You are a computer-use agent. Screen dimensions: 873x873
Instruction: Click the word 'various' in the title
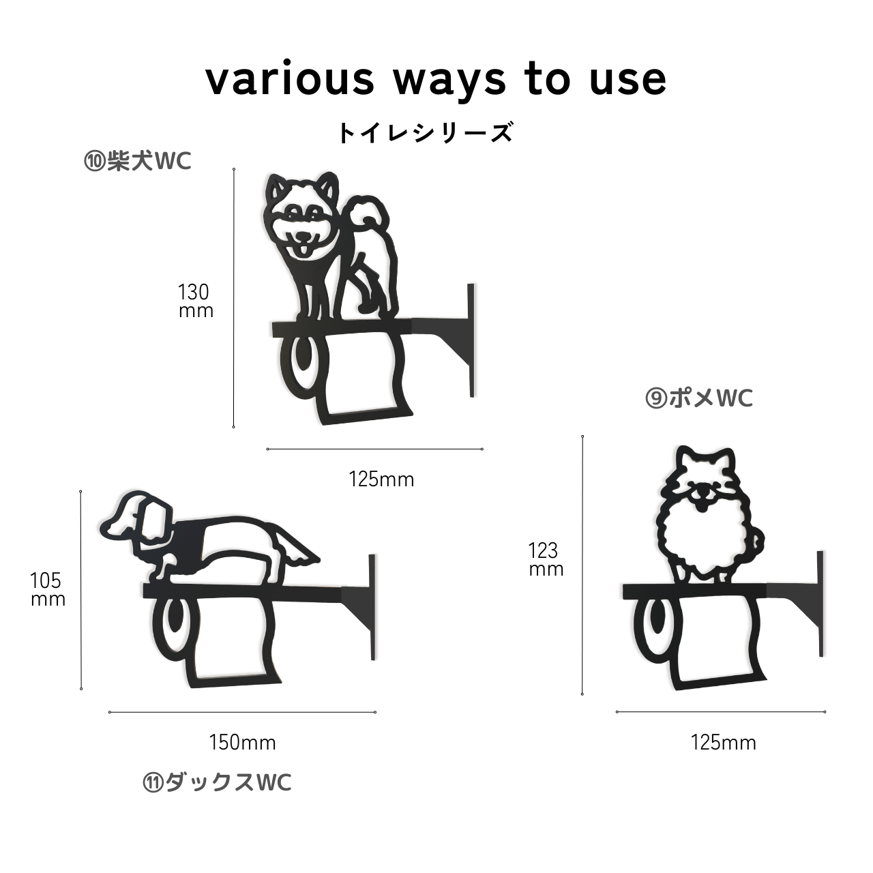[x=290, y=80]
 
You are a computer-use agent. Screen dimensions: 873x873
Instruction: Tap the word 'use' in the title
[x=628, y=80]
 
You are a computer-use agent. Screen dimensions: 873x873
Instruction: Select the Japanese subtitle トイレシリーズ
[x=426, y=132]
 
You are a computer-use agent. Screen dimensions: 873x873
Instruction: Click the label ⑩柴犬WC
[x=138, y=161]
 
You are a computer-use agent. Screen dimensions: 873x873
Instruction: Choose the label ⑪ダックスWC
[x=217, y=782]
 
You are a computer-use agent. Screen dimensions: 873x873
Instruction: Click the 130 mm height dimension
[x=195, y=301]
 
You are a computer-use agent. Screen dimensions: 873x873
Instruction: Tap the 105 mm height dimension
[x=48, y=589]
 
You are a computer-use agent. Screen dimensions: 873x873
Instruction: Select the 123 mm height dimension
[x=546, y=560]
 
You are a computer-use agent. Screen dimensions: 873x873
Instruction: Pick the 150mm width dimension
[x=242, y=743]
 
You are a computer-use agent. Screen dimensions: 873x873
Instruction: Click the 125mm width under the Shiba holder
[x=381, y=479]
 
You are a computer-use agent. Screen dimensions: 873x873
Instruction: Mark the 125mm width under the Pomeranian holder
[x=723, y=743]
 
